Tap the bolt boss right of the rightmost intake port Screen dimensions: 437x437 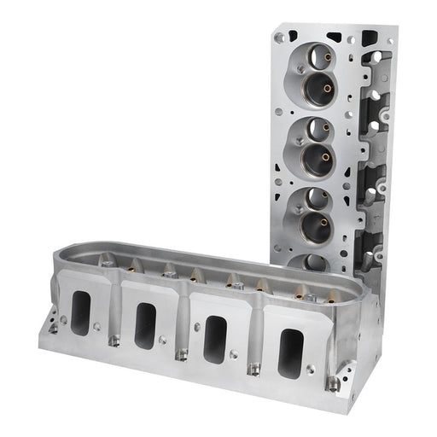[333, 383]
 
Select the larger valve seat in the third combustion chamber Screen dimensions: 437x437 [314, 228]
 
